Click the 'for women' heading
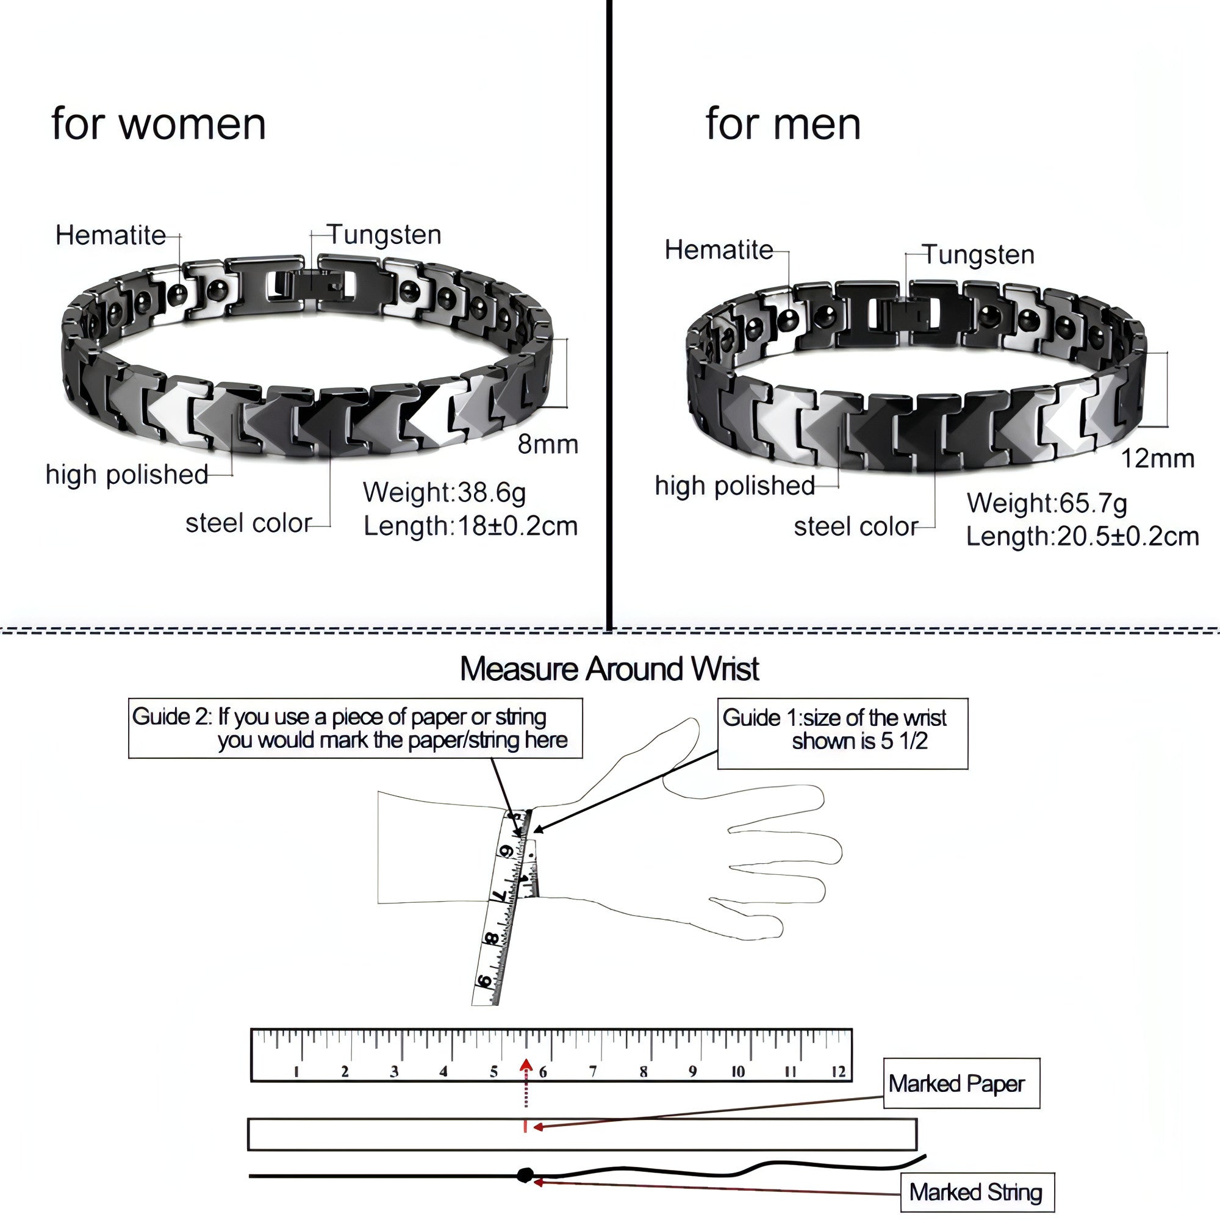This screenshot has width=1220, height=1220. point(159,124)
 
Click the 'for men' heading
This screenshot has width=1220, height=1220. point(783,124)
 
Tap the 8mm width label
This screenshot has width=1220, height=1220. point(548,445)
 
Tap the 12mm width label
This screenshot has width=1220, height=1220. point(1158,459)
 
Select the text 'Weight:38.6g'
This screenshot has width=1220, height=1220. point(444,492)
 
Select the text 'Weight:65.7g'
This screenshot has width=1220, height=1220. point(1047,503)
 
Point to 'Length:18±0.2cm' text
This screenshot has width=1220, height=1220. point(470,526)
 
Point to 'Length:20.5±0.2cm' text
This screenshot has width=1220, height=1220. point(1082,537)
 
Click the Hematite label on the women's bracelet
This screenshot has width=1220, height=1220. point(110,235)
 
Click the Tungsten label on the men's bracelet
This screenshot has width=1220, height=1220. point(978,255)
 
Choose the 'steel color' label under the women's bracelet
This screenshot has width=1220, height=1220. point(249,523)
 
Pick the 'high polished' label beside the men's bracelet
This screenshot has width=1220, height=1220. point(735,486)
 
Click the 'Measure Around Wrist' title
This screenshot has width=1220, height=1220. point(609,669)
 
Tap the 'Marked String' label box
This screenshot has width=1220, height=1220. point(977,1192)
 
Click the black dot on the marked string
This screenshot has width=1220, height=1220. point(524,1175)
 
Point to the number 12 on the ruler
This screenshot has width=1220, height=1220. point(838,1072)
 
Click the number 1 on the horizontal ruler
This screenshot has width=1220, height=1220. point(296,1072)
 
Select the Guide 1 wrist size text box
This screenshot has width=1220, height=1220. point(842,734)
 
